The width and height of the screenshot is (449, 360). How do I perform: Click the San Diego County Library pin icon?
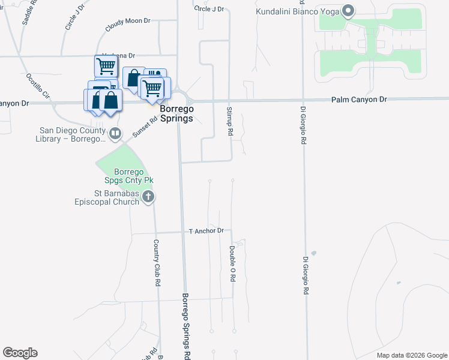(116, 133)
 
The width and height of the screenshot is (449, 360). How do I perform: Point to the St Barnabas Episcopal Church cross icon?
(149, 197)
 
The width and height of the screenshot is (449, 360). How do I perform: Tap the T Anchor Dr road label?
(206, 231)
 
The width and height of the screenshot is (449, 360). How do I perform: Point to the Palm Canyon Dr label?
(360, 99)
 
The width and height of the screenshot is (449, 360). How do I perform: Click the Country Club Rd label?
(155, 262)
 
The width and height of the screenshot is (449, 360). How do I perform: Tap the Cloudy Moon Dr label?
(127, 24)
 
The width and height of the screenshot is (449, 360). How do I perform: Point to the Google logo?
(20, 353)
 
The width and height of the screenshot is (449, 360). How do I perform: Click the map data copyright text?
(412, 356)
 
